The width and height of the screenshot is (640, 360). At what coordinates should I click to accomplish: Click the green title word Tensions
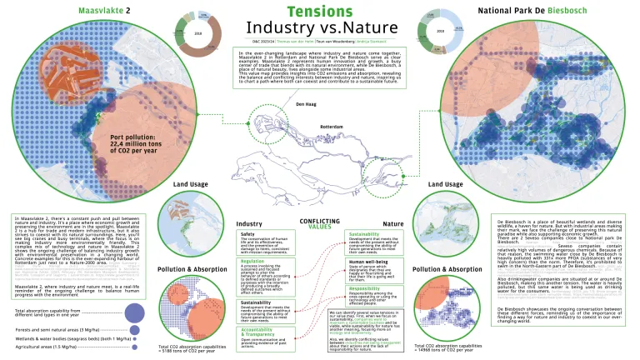point(319,12)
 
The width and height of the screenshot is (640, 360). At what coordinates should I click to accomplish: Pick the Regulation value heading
point(252,260)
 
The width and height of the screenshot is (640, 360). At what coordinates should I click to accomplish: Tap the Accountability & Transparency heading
point(266,331)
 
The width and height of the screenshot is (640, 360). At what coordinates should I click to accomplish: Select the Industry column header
point(249,224)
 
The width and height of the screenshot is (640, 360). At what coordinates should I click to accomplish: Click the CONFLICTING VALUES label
point(320,221)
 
